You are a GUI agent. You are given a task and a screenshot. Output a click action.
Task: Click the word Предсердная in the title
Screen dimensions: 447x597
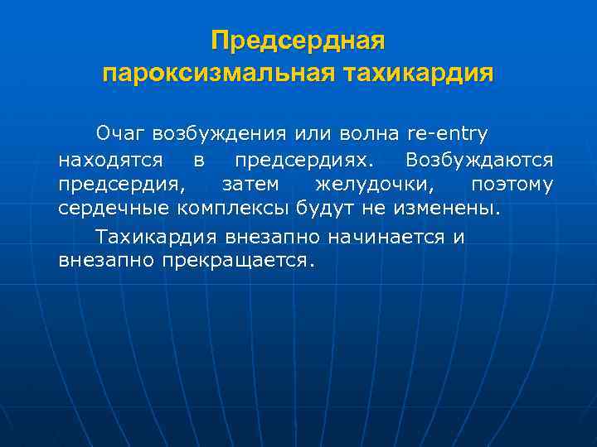[298, 41]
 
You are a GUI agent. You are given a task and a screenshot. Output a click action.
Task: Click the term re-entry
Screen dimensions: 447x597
[449, 132]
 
